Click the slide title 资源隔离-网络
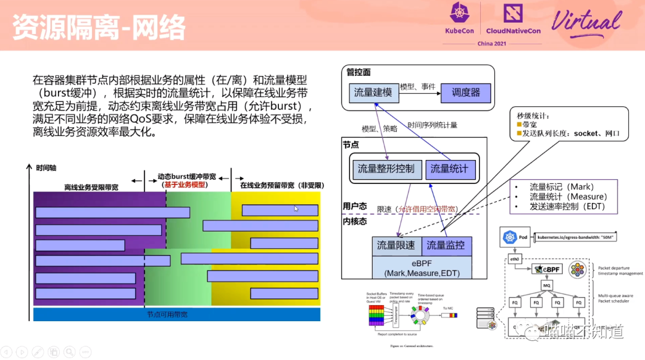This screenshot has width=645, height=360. [99, 27]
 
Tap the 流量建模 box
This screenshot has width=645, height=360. [373, 93]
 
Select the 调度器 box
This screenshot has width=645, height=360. [465, 93]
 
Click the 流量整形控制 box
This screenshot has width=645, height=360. [386, 169]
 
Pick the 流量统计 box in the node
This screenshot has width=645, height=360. [450, 169]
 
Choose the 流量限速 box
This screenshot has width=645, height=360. [395, 245]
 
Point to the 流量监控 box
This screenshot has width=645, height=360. [447, 245]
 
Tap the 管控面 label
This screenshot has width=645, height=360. [358, 72]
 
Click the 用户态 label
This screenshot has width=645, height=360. [355, 206]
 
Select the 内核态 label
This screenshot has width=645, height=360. [355, 221]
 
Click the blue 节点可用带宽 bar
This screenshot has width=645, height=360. [177, 315]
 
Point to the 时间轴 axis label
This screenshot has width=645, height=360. [47, 168]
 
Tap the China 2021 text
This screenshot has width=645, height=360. [493, 44]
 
